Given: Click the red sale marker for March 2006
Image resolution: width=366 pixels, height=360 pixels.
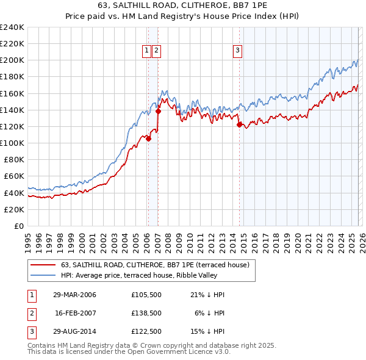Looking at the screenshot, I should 148,138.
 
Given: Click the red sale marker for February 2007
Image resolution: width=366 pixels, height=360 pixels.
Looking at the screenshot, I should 158,111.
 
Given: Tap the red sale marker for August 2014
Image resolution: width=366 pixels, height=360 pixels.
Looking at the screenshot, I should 239,124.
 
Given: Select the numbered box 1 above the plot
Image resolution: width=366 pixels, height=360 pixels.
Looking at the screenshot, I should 148,51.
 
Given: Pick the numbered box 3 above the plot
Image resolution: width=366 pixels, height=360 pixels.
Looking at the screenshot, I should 237,51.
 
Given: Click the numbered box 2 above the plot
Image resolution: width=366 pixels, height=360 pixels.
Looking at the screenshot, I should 157,51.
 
